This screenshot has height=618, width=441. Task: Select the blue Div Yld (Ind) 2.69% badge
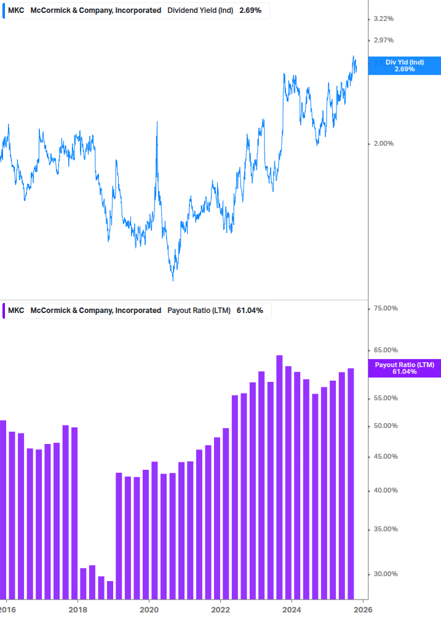pyautogui.click(x=404, y=65)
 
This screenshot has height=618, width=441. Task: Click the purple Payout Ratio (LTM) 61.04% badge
pyautogui.click(x=404, y=368)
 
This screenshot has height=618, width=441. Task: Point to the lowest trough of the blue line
pyautogui.click(x=173, y=280)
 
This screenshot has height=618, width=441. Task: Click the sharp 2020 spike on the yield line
pyautogui.click(x=157, y=122)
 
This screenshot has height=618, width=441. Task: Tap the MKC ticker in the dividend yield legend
pyautogui.click(x=16, y=10)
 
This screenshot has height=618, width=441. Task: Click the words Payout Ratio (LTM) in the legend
pyautogui.click(x=199, y=311)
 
